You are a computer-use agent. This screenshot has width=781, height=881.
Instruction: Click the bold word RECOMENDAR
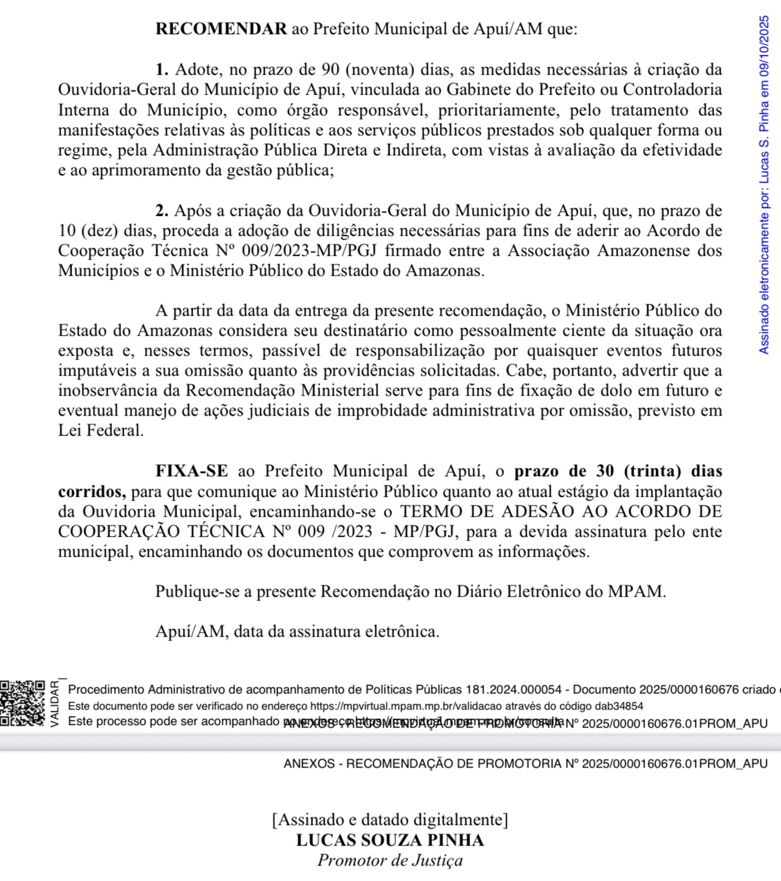(221, 30)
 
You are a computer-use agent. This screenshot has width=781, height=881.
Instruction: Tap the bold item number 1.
(162, 70)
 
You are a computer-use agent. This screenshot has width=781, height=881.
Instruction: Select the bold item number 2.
(162, 211)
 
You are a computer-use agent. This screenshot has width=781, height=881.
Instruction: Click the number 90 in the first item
(330, 70)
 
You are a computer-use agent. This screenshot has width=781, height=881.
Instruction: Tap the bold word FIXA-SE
(192, 471)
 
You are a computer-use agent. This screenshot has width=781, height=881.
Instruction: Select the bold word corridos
(91, 492)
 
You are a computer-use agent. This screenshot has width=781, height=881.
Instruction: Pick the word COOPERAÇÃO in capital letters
(120, 532)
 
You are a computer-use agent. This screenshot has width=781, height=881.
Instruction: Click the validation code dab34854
(619, 706)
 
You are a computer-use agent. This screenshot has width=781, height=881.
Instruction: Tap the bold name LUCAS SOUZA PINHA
(390, 840)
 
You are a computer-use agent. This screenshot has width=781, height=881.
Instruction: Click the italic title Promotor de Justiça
(390, 860)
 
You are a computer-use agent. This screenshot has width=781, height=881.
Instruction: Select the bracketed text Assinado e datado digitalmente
(390, 820)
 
